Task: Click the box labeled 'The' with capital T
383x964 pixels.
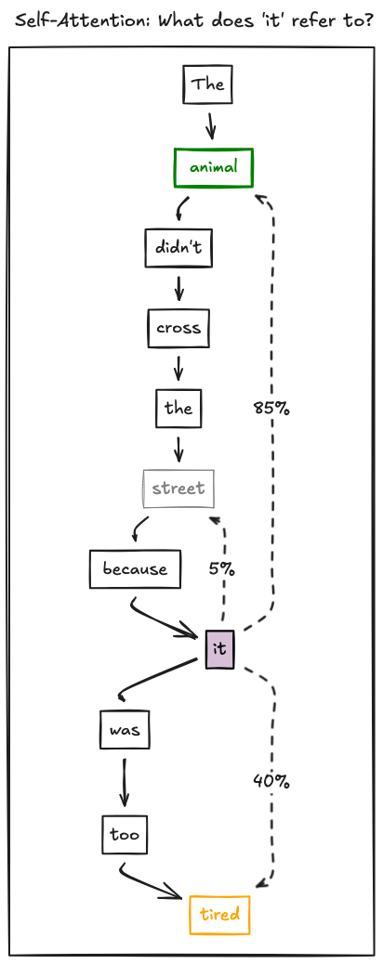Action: click(x=207, y=85)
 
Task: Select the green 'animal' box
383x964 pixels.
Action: click(x=214, y=167)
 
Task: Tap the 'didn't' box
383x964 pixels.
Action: click(x=179, y=248)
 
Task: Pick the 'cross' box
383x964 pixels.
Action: click(x=178, y=328)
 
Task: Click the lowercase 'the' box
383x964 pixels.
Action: click(x=178, y=408)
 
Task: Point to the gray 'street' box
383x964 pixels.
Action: click(x=178, y=489)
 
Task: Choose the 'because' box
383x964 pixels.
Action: click(x=135, y=568)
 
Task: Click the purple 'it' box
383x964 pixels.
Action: click(x=219, y=648)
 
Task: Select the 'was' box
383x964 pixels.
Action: click(x=125, y=729)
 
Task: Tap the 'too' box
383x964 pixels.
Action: click(x=125, y=835)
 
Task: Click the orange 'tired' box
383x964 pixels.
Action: click(x=219, y=915)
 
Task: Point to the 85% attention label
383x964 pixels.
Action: click(x=271, y=408)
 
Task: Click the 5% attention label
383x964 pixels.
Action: click(x=221, y=569)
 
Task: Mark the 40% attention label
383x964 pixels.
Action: click(x=271, y=782)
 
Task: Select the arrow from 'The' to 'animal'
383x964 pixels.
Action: click(x=211, y=125)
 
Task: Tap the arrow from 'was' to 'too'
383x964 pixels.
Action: click(x=124, y=782)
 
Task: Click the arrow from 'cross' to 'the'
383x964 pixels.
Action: click(x=178, y=368)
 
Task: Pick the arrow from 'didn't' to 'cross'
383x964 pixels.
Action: click(x=178, y=288)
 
